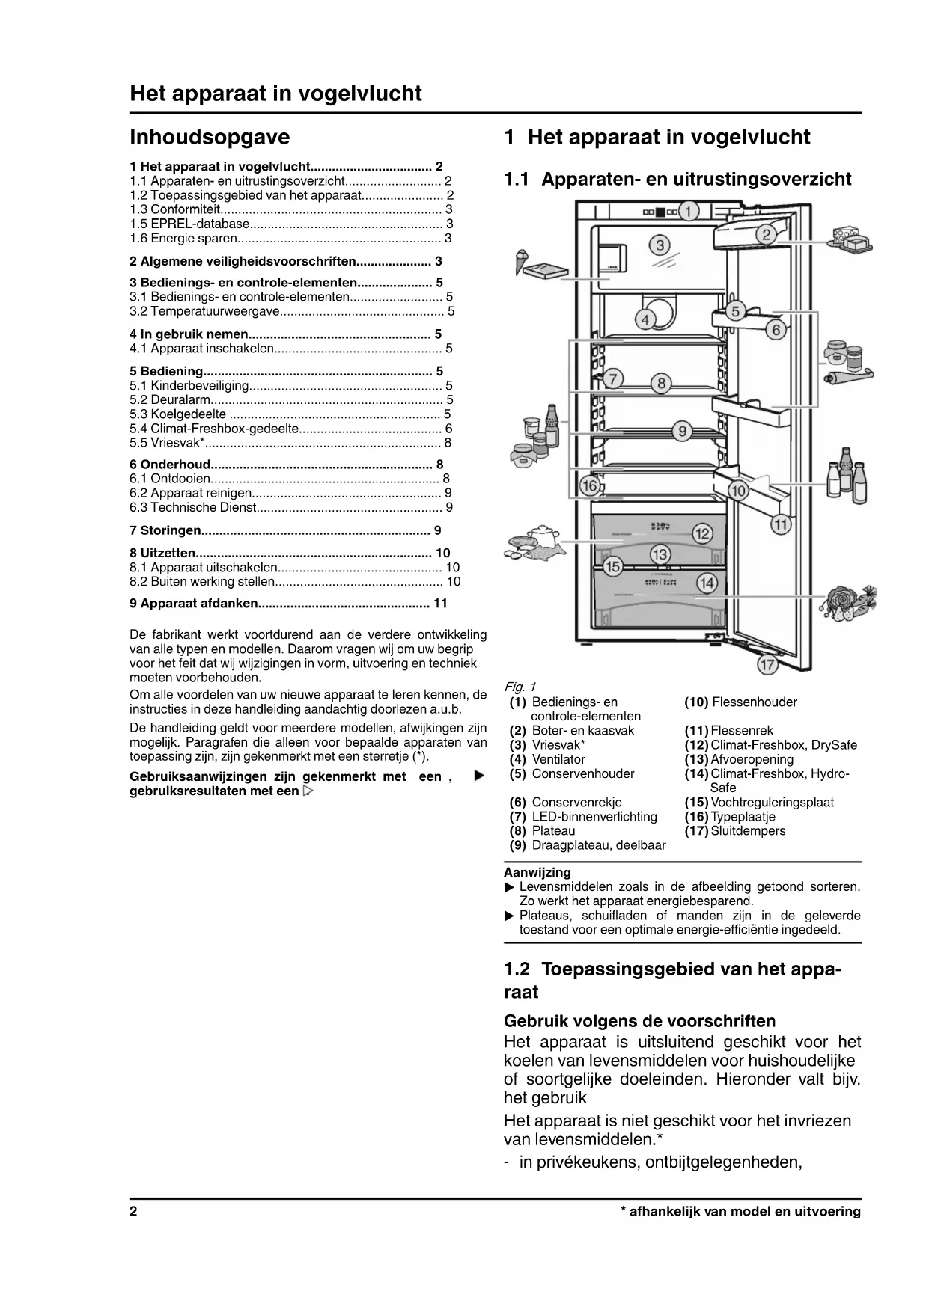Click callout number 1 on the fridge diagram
(x=689, y=211)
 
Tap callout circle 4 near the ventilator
(x=645, y=320)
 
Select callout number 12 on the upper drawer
(x=702, y=533)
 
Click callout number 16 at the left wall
(x=590, y=486)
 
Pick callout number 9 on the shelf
(x=682, y=431)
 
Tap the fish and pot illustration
(x=532, y=543)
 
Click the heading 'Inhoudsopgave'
(x=210, y=137)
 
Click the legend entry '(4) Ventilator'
(x=547, y=759)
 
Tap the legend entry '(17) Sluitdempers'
(x=735, y=830)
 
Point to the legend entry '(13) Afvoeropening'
(x=739, y=759)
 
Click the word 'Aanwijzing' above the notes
(x=537, y=872)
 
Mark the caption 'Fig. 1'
(x=520, y=687)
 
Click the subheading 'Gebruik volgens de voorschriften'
(x=639, y=1021)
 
